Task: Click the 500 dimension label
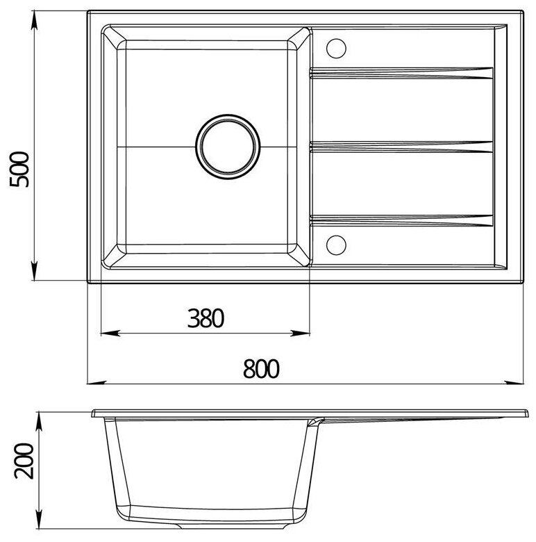point(19,170)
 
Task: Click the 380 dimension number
point(206,318)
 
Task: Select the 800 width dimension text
point(261,368)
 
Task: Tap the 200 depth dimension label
point(24,461)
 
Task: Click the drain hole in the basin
point(228,147)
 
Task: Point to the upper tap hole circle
point(336,48)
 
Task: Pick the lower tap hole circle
point(336,245)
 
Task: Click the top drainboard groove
point(401,73)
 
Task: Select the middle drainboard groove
point(401,147)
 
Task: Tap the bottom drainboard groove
point(401,221)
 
